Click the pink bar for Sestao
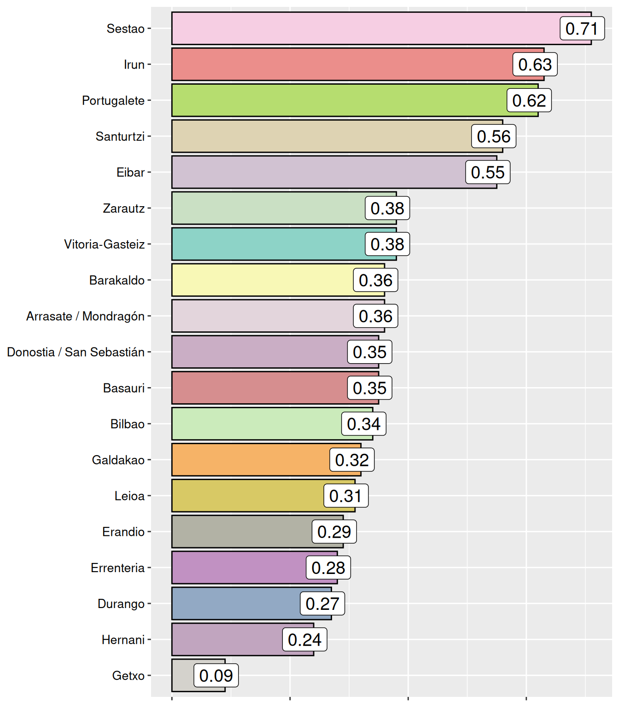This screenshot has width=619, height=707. pos(364,29)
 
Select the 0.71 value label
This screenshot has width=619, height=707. pos(582,29)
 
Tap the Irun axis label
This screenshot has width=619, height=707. pos(134,65)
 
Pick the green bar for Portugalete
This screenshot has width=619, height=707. pos(339,100)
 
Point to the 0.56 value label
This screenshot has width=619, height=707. pos(493,137)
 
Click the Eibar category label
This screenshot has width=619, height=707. pos(130,173)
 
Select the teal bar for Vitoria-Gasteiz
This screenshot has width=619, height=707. pos(267,244)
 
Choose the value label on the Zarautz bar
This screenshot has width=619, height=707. pos(387,209)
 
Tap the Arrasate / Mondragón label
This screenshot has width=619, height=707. pos(85,317)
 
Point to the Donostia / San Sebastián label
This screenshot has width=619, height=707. pos(76,353)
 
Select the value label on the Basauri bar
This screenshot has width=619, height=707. pos(369,388)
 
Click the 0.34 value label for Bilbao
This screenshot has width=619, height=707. pos(363,424)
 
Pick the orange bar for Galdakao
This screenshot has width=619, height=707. pos(251,460)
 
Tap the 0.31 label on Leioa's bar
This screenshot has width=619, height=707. pos(345,496)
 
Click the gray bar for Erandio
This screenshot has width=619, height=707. pos(242,532)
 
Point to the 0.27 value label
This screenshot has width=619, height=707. pos(322,604)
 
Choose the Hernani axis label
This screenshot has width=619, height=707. pos(123,640)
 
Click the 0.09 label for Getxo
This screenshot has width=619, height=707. pos(216,676)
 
